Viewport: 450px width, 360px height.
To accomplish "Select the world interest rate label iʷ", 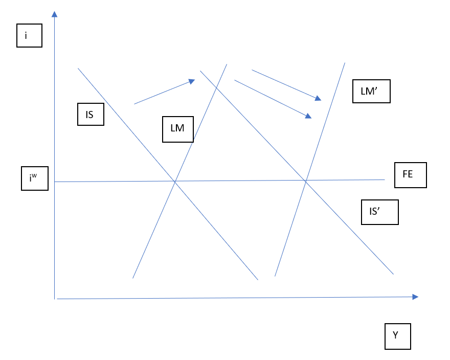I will click(x=35, y=178).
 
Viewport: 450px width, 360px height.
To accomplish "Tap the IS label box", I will click(x=91, y=115).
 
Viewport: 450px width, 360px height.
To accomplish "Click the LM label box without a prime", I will click(x=177, y=129).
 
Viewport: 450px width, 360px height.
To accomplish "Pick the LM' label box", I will click(x=371, y=91).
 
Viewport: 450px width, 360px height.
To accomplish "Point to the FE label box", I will click(x=410, y=175).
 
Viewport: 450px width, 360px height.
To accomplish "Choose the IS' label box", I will click(x=379, y=212).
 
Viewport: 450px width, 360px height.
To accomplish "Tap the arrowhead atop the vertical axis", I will click(x=54, y=13).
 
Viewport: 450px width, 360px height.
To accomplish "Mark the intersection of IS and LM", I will click(x=175, y=181).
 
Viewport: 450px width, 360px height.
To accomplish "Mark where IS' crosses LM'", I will click(x=306, y=181).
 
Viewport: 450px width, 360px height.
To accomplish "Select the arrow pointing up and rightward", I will click(x=164, y=92).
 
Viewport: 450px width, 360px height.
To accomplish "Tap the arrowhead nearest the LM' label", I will click(x=318, y=99).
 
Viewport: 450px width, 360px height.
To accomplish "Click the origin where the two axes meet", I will click(x=55, y=298).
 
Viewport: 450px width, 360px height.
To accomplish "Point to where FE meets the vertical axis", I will click(x=54, y=182).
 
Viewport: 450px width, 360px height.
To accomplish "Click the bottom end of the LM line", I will click(x=133, y=278).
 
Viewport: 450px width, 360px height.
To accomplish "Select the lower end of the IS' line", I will click(x=393, y=274).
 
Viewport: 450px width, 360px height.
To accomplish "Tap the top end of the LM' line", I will click(x=345, y=63).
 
